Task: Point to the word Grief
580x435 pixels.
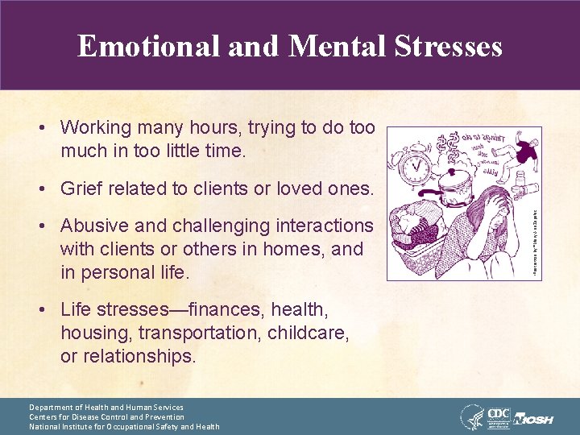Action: coord(84,189)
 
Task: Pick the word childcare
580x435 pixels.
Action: coord(305,333)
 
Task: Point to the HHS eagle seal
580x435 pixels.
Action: coord(471,416)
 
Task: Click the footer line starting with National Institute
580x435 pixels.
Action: coord(124,427)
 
